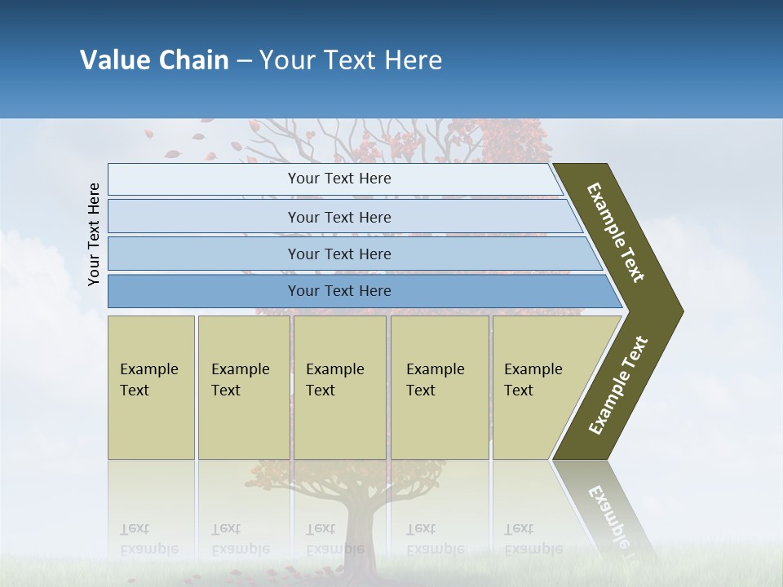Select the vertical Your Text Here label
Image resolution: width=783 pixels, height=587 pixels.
coord(94,234)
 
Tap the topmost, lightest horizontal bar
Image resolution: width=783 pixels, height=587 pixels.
coord(338,179)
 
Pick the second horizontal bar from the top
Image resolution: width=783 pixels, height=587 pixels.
coord(338,217)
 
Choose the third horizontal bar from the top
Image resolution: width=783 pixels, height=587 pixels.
coord(338,254)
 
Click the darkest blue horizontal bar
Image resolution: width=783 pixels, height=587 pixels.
coord(338,291)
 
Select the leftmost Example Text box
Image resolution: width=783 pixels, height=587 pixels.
coord(151,386)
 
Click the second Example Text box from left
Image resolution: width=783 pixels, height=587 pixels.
coord(243,386)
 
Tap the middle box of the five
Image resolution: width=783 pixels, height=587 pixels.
coord(339,386)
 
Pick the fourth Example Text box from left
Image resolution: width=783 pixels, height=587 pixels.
coord(439,386)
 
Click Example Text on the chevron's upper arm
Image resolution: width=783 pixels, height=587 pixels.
coord(616,232)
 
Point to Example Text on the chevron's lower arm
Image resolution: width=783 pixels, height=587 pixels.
coord(617,386)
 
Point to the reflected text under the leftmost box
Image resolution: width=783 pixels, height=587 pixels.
coord(149,539)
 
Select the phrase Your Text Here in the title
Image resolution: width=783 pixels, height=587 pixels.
coord(351,60)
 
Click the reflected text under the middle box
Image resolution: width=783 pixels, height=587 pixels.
coord(335,539)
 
